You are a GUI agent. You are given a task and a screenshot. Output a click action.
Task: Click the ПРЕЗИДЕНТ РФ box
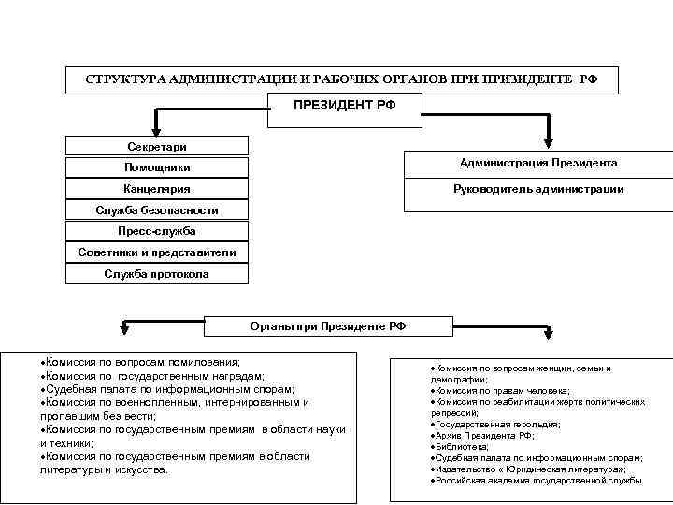click(x=345, y=106)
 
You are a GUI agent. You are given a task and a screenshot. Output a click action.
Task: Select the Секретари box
click(x=157, y=146)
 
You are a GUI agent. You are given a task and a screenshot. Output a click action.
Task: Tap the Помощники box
click(x=157, y=167)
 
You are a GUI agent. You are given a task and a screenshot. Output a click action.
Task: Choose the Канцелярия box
click(x=157, y=190)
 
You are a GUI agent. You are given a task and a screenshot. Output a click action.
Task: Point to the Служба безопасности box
click(x=157, y=209)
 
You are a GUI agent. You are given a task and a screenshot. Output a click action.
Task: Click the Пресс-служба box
click(x=157, y=230)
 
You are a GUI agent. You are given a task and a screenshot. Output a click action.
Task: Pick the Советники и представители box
click(x=157, y=252)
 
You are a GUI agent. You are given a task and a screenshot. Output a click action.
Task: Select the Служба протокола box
click(x=157, y=274)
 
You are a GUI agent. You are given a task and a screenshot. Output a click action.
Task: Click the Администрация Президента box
click(x=538, y=163)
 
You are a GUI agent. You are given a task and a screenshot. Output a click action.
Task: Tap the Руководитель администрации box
click(x=538, y=190)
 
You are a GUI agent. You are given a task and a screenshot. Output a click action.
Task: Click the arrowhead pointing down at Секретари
click(x=157, y=129)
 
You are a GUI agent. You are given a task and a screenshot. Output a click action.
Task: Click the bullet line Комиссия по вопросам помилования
click(x=140, y=361)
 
